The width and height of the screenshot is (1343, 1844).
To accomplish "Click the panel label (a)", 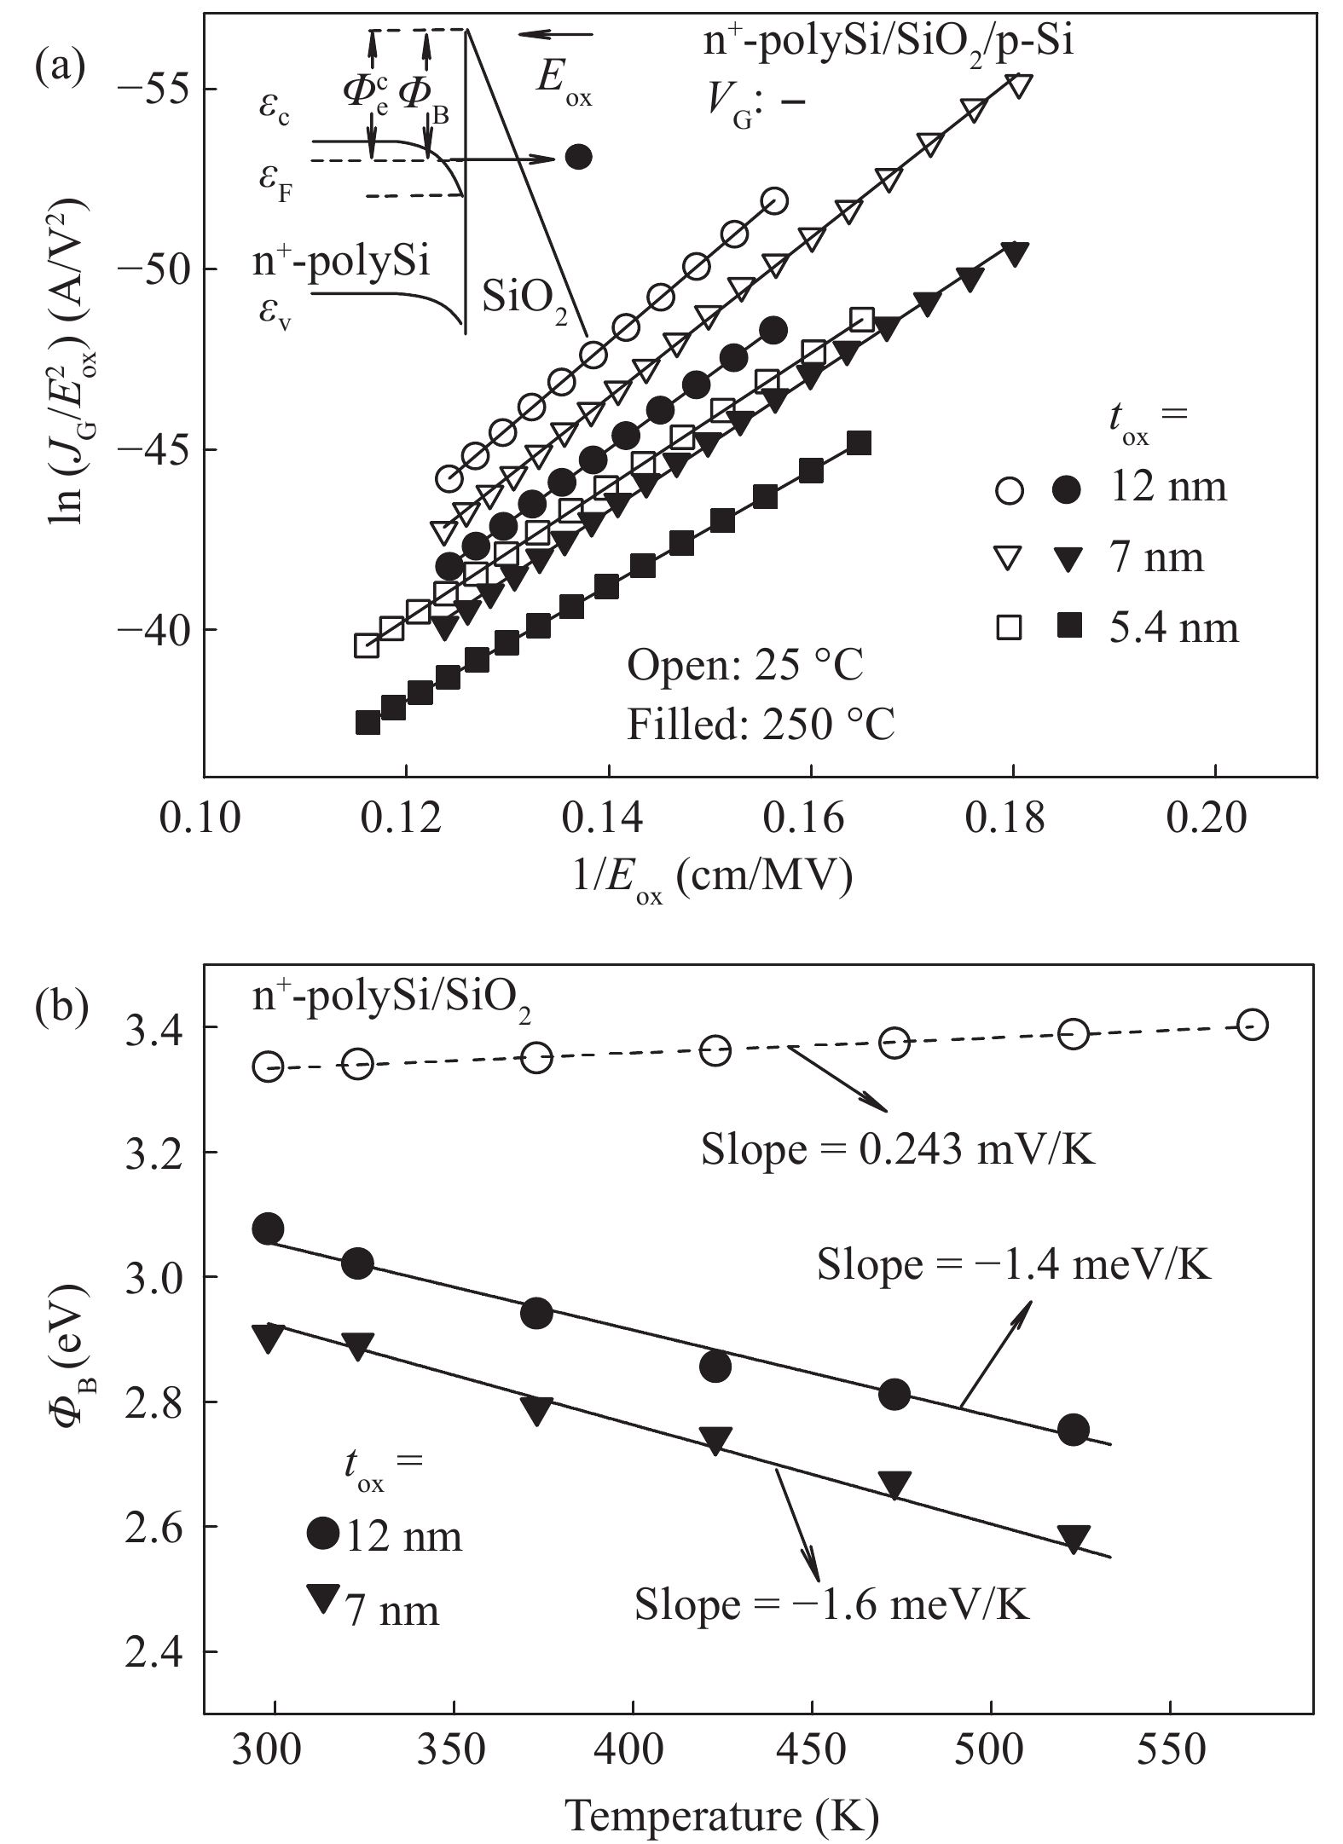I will pos(59,64).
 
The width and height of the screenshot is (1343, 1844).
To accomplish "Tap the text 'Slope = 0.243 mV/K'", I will pos(897,1150).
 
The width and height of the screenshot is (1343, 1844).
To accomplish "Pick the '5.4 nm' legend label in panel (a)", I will pos(1173,628).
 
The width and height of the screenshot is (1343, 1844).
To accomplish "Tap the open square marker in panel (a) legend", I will pos(1011,629).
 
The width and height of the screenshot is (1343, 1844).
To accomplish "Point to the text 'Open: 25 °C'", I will pos(746,666).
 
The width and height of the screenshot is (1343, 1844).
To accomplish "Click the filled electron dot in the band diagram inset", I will pos(579,157).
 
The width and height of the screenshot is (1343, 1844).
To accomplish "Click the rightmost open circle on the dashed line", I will pos(1251,1025).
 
